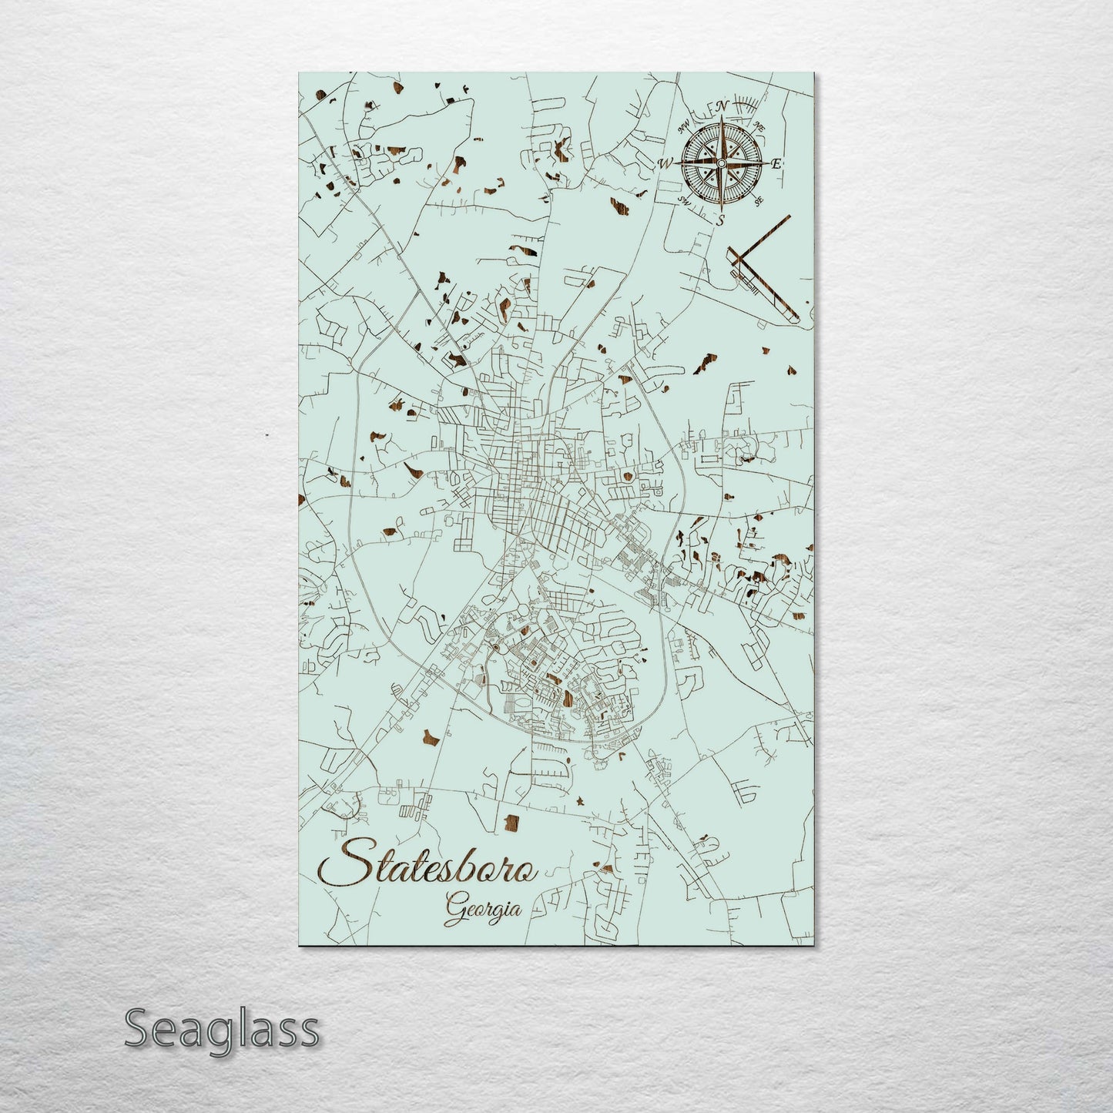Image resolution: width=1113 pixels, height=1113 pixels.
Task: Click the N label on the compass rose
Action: [x=722, y=106]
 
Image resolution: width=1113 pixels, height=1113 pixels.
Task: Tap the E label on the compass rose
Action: [x=777, y=163]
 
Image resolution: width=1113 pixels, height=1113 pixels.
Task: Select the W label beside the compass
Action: [x=665, y=163]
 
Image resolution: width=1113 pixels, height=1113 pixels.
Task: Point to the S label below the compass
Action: [x=721, y=220]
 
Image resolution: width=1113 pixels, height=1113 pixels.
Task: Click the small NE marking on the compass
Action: [x=759, y=126]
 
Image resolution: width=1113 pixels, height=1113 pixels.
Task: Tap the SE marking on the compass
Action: [x=758, y=201]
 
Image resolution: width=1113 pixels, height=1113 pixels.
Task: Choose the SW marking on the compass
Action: [x=683, y=200]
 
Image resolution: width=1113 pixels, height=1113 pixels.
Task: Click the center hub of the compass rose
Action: [x=721, y=163]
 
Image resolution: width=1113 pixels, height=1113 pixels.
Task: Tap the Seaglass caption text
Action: [x=221, y=1028]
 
